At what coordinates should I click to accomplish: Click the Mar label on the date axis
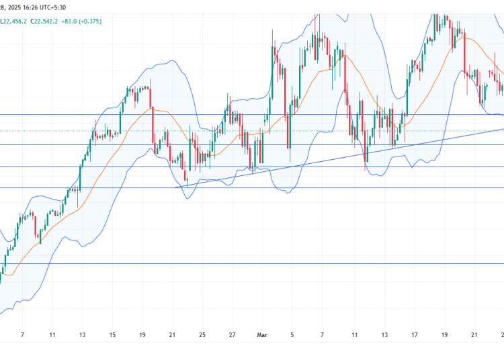pyautogui.click(x=261, y=334)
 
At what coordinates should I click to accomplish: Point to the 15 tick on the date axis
pyautogui.click(x=112, y=334)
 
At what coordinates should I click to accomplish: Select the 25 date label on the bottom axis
pyautogui.click(x=202, y=334)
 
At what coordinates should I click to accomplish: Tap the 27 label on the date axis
pyautogui.click(x=232, y=334)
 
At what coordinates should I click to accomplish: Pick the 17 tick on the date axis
pyautogui.click(x=415, y=334)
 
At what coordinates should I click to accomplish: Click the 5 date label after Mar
pyautogui.click(x=292, y=334)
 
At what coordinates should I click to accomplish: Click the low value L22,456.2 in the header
pyautogui.click(x=13, y=21)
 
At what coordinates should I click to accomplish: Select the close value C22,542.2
pyautogui.click(x=47, y=21)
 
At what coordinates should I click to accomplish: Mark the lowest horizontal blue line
pyautogui.click(x=202, y=264)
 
